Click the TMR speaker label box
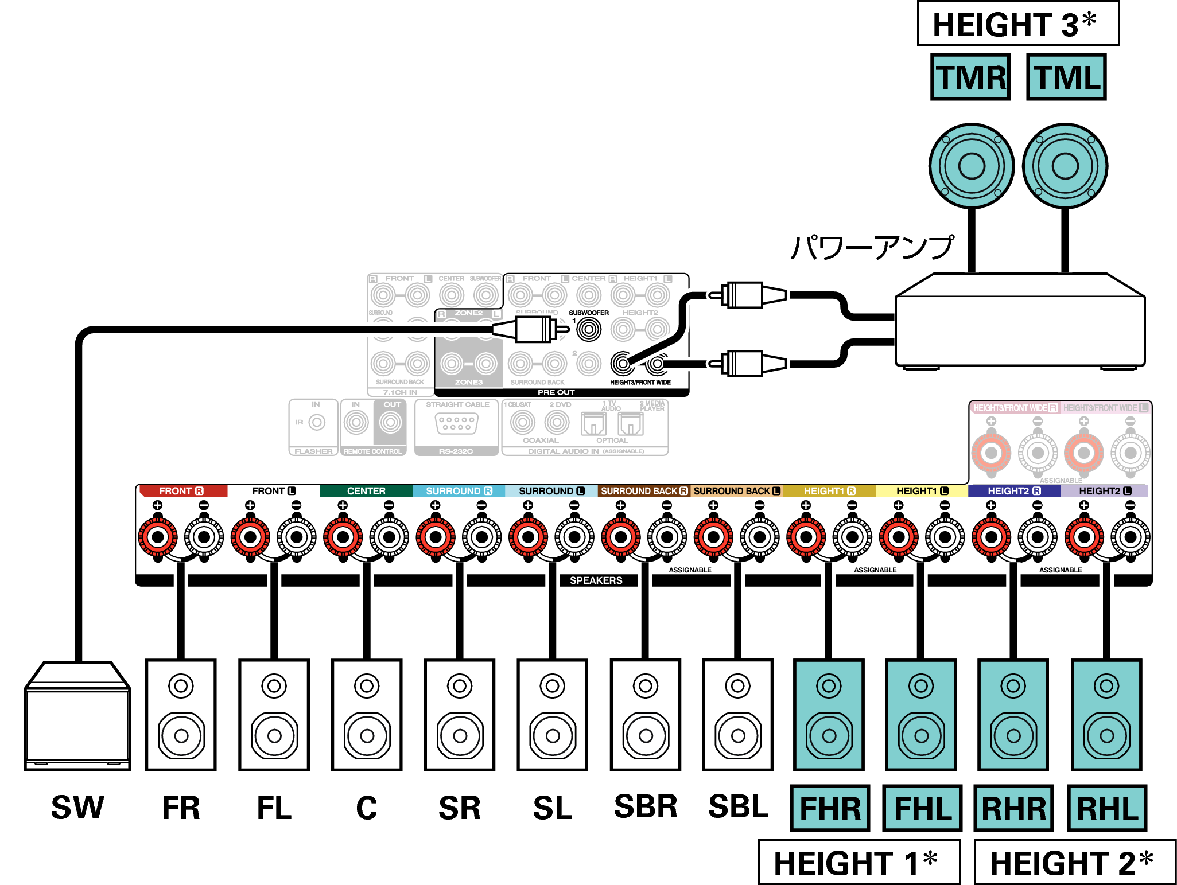pos(970,77)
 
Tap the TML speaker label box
pos(1066,77)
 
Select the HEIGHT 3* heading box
pos(1018,24)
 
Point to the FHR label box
pos(830,808)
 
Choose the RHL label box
pos(1107,808)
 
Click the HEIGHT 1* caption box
pos(859,862)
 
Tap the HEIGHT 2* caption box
pos(1075,862)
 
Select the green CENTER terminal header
pos(366,491)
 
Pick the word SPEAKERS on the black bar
pos(596,580)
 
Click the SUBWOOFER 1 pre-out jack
pos(589,329)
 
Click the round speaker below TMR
pos(972,166)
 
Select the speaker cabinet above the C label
pos(367,715)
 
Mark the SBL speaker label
pos(738,806)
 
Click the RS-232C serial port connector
pos(457,424)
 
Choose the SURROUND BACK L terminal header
pos(736,491)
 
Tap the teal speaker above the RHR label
pos(1013,715)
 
